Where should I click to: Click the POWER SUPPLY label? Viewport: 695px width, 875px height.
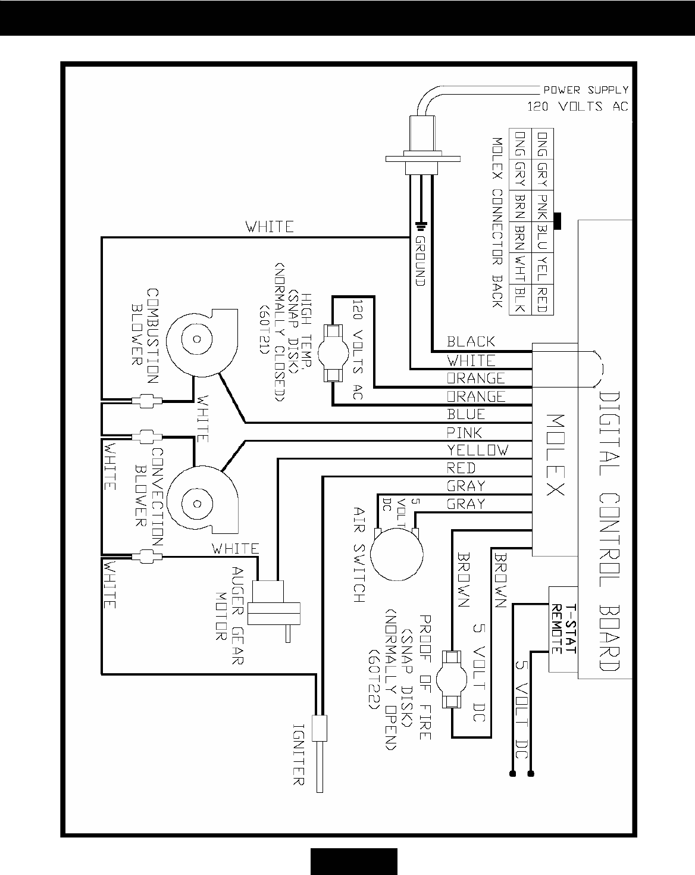585,90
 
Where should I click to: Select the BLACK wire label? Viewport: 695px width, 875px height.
471,342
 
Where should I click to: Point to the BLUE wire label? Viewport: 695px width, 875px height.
466,414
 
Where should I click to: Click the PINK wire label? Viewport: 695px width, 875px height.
465,432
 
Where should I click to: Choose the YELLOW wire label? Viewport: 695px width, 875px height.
478,450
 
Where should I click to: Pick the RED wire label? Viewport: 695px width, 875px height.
461,468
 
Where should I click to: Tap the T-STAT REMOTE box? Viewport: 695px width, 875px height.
563,630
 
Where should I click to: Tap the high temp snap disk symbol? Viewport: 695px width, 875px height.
333,354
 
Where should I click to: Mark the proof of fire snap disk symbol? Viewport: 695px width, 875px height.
452,679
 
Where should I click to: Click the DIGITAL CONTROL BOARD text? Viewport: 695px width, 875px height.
609,532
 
